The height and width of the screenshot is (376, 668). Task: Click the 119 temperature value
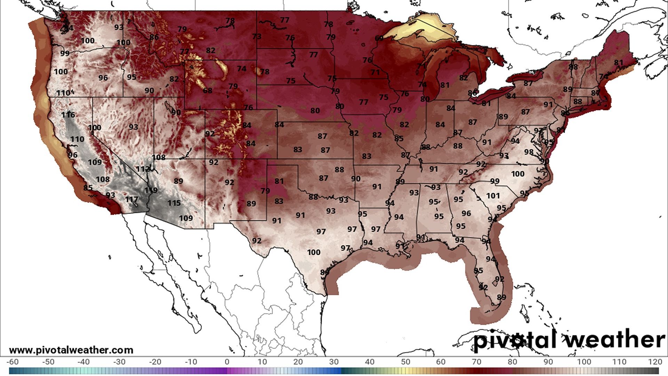click(x=151, y=190)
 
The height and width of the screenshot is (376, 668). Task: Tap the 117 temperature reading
click(x=132, y=199)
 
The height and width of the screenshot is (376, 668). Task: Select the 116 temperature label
click(x=68, y=115)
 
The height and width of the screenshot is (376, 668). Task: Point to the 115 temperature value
click(x=174, y=203)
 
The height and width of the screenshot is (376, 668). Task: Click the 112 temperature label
click(x=143, y=169)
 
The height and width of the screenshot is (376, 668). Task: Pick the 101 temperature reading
click(x=493, y=196)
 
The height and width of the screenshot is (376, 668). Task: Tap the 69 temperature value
click(x=379, y=38)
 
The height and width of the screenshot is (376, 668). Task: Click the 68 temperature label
click(x=207, y=91)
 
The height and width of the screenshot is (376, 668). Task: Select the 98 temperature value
click(x=529, y=152)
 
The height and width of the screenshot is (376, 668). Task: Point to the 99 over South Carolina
click(x=495, y=181)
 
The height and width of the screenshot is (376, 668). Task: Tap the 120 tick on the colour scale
click(x=655, y=362)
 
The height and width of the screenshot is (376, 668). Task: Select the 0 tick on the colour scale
click(x=227, y=362)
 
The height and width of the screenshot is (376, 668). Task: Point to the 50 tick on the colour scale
click(x=405, y=362)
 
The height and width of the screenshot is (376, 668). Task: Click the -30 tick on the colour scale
click(x=119, y=362)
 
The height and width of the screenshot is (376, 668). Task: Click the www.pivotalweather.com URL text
click(x=71, y=350)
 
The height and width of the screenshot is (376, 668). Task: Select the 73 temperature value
click(x=257, y=37)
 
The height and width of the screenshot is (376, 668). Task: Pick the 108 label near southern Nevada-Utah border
click(x=159, y=157)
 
